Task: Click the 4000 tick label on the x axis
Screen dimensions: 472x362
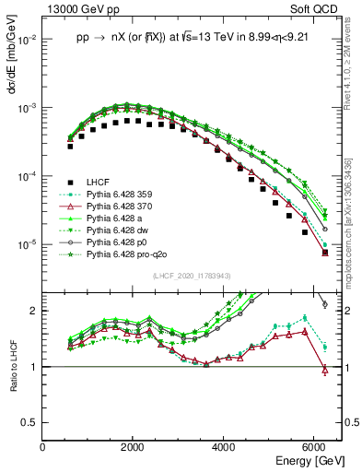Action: point(225,447)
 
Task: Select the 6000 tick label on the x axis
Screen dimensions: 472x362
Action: point(315,447)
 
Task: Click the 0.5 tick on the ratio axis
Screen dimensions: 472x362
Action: point(32,422)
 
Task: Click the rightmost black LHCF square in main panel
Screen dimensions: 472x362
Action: point(324,252)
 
